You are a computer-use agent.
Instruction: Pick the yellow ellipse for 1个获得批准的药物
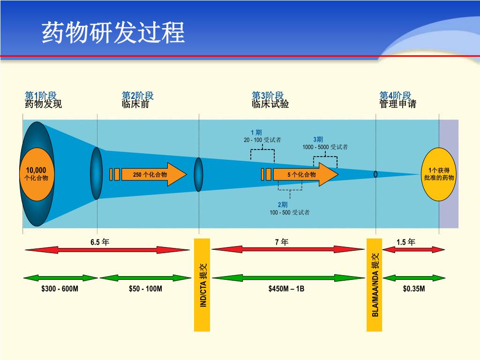[439, 174]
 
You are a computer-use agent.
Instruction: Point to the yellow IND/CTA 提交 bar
[202, 285]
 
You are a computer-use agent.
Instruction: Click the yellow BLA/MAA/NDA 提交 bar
[374, 285]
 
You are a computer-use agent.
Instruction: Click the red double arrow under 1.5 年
[413, 249]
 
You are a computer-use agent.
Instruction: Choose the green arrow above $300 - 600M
[60, 278]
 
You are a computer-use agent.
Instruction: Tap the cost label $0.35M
[414, 289]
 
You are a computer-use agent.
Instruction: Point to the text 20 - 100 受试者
[262, 140]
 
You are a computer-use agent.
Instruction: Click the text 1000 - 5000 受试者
[325, 147]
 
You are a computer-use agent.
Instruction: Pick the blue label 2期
[283, 205]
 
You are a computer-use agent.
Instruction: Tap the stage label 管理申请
[397, 104]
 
